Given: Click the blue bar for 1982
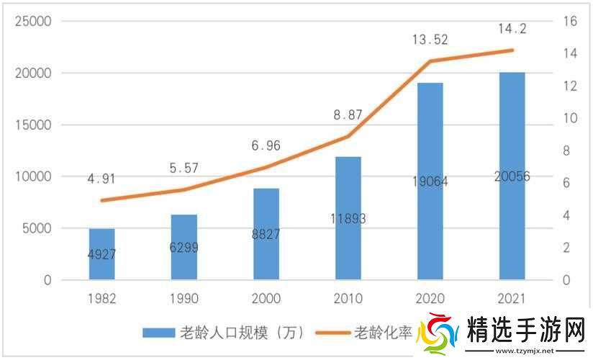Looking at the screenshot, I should (102, 254).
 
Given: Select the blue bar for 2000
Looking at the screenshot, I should (266, 234).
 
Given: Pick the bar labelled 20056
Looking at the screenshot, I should (512, 176).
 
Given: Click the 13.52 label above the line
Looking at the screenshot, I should (430, 40).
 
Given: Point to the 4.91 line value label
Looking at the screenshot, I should (102, 179).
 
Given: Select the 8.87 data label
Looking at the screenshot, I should (348, 114).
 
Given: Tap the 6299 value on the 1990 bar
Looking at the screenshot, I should (184, 248).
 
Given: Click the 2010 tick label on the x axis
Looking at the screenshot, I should (348, 298).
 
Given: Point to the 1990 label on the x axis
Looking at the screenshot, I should (184, 298).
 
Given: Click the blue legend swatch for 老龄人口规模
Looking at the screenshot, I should (159, 333).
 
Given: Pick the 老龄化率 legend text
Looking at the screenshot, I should (384, 333).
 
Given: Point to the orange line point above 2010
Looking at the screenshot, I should (348, 136).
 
